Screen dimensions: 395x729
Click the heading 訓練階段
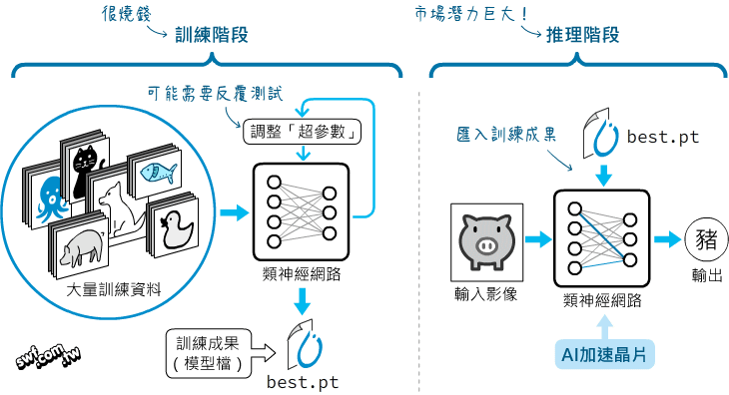coord(211,35)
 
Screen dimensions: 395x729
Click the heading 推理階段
coord(582,35)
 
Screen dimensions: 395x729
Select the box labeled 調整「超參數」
coord(302,132)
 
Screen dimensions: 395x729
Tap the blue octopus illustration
coord(47,199)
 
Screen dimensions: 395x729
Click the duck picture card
coord(176,222)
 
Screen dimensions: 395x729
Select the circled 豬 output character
coord(704,240)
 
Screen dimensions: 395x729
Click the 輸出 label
coord(704,275)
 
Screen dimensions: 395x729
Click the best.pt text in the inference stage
coord(663,137)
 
